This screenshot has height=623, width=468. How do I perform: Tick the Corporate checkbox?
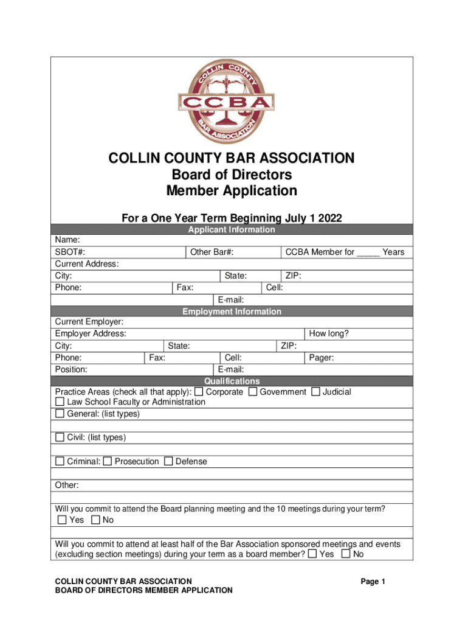coord(199,391)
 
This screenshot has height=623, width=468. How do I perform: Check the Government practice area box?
coord(253,391)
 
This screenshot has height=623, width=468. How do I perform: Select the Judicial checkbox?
coord(315,391)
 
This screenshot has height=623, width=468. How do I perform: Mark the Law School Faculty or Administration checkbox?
coord(60,402)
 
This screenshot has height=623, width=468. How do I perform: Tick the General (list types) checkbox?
coord(60,414)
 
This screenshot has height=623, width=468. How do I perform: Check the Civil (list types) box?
coord(60,437)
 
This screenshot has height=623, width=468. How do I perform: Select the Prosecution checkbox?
coord(108,461)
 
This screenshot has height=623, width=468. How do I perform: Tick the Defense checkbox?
coord(168,461)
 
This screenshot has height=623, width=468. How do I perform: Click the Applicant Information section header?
coord(232,229)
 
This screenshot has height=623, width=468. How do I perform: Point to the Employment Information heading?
coord(232,311)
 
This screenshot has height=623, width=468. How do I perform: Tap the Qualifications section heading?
coord(232,381)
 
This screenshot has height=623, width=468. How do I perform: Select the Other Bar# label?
coord(212,252)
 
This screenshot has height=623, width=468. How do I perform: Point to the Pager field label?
coord(322,358)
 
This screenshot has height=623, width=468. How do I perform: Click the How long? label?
coord(329,333)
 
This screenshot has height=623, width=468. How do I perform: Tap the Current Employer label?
coord(89,321)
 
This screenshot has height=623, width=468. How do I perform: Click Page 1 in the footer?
coord(373,582)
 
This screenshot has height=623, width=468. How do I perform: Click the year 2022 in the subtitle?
coord(329,218)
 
